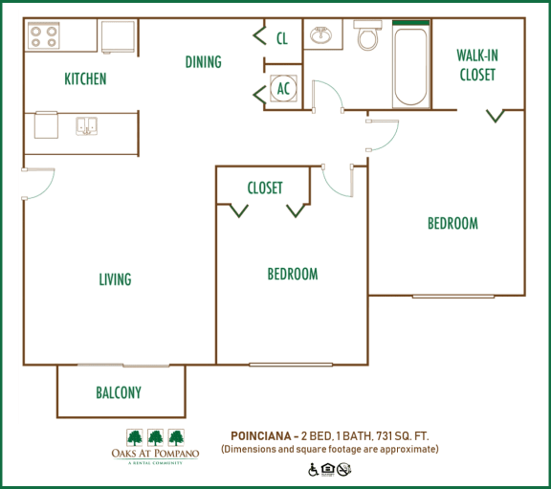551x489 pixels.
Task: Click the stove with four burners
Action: (44, 36)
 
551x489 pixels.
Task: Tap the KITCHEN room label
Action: (85, 79)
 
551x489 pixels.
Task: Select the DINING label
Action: (203, 62)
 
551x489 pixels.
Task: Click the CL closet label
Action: (281, 39)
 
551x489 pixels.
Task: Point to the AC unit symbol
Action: (283, 88)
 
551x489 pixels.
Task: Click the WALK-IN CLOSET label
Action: (477, 65)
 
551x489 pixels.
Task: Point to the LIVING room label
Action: (115, 279)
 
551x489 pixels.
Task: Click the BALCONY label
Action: (119, 392)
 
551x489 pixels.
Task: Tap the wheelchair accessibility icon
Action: (313, 469)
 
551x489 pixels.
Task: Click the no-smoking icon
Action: (344, 469)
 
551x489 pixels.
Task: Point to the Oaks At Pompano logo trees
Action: (153, 437)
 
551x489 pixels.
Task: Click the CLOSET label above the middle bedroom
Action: (265, 188)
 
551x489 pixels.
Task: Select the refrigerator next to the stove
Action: (118, 35)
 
